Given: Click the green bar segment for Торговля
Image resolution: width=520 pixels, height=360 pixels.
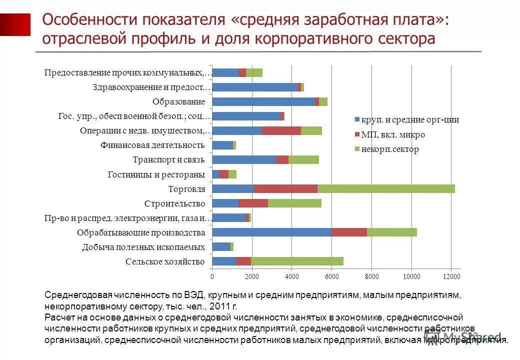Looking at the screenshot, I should click(x=386, y=188).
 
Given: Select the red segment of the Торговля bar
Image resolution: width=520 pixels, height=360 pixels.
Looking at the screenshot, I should click(x=285, y=188).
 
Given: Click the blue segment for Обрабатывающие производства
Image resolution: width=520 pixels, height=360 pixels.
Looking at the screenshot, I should click(x=271, y=232).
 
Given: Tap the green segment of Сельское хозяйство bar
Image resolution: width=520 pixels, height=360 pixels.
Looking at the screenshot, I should click(x=297, y=261).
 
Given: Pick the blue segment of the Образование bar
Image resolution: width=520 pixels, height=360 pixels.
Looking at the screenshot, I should click(x=263, y=101).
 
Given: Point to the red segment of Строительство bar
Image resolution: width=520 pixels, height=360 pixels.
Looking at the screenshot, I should click(x=253, y=203).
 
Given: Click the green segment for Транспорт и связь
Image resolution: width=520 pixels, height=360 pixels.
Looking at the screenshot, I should click(x=303, y=159).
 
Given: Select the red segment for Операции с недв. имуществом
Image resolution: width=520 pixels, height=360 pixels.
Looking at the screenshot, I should click(x=281, y=130).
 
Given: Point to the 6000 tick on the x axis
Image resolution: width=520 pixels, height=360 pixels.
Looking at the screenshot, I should click(x=331, y=276).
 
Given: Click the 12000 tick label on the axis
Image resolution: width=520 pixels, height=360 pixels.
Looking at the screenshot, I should click(x=451, y=276).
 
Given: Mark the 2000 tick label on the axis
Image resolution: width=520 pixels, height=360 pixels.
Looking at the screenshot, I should click(x=252, y=276).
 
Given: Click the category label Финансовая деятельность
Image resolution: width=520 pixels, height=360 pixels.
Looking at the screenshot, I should click(x=152, y=145).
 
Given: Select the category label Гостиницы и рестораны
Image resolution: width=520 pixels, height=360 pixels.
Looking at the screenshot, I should click(x=156, y=174).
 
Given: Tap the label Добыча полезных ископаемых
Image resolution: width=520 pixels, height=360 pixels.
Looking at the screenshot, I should click(x=143, y=247).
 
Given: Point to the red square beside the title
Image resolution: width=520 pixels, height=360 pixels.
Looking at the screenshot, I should click(x=15, y=24).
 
